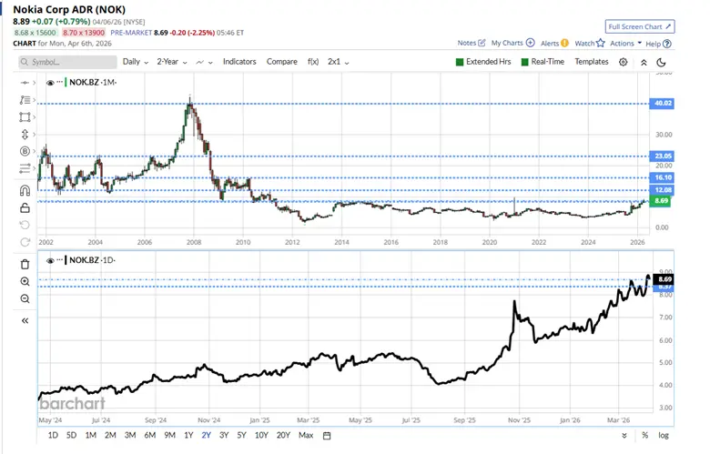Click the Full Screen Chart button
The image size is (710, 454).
(x=640, y=27)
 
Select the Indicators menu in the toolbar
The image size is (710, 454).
(x=239, y=62)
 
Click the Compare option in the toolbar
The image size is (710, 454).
(x=282, y=62)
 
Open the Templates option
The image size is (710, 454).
(x=592, y=62)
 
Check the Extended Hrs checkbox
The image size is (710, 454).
(x=460, y=62)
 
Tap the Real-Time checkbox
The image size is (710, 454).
(x=524, y=62)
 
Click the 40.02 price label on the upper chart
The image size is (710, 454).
(x=662, y=104)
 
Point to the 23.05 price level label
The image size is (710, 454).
(x=662, y=156)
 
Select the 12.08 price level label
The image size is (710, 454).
(x=662, y=189)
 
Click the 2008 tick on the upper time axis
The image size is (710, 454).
(x=193, y=243)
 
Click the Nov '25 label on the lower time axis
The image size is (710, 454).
(x=518, y=420)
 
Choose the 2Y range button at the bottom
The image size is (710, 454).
(x=206, y=436)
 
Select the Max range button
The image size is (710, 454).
(x=306, y=436)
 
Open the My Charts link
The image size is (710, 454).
(x=512, y=43)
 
